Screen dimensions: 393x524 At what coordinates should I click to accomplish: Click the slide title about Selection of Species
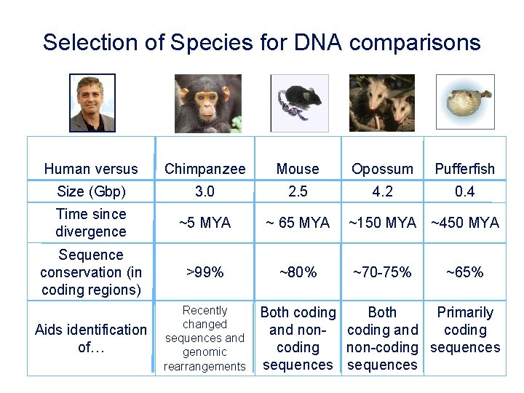pos(261,42)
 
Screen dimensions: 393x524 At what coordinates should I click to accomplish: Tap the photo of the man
pos(92,103)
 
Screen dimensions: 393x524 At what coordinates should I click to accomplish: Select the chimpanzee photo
pos(207,103)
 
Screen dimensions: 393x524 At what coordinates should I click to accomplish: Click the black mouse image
pos(299,103)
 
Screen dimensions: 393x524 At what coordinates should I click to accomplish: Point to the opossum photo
pos(381,103)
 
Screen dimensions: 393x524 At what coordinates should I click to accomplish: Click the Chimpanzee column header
pos(205,169)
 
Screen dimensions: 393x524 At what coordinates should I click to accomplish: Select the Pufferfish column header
pos(464,169)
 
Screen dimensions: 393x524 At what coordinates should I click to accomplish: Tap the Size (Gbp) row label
pos(91,192)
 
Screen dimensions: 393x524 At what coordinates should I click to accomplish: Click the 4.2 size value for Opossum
pos(382,192)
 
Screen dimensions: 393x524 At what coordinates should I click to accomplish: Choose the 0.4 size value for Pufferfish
pos(464,192)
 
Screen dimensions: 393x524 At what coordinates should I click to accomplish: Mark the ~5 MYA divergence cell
pos(205,223)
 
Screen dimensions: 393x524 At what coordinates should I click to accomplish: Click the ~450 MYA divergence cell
pos(464,223)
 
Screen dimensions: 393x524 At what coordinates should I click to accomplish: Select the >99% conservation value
pos(205,272)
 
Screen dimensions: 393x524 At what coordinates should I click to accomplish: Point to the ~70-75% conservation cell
pos(382,272)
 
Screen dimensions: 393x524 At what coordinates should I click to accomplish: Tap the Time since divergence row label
pos(91,223)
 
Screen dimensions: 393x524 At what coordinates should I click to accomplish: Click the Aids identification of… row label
pos(91,338)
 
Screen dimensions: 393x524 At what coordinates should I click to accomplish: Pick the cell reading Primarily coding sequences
pos(464,330)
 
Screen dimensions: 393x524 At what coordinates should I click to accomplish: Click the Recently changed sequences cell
pos(205,338)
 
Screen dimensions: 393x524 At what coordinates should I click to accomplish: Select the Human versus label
pos(91,169)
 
